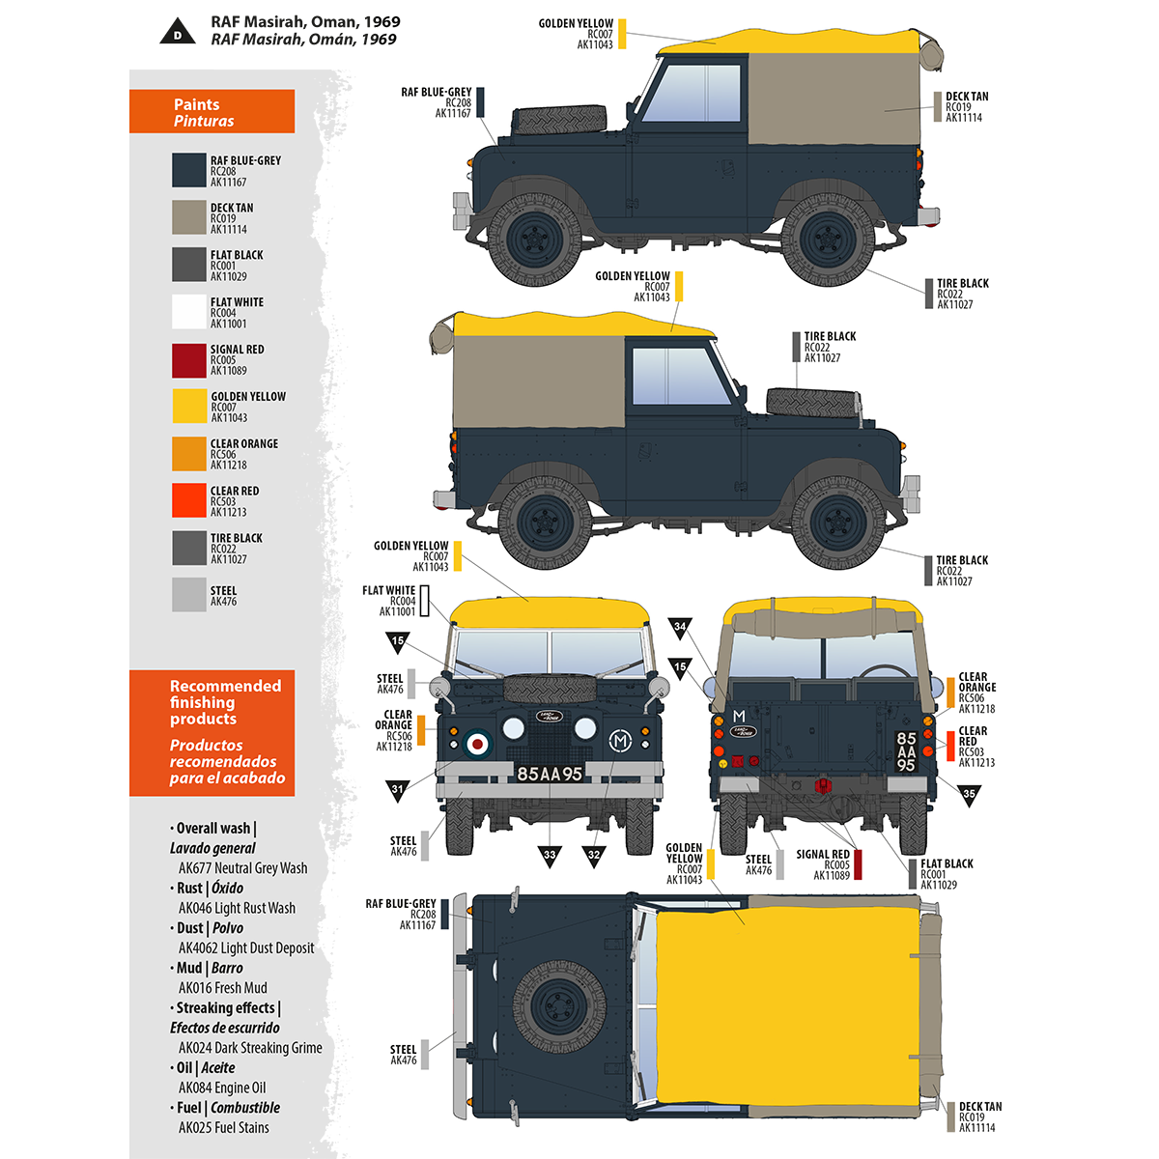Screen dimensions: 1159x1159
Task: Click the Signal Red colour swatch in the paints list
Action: pyautogui.click(x=189, y=360)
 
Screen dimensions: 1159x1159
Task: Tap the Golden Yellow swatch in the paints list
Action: pyautogui.click(x=189, y=407)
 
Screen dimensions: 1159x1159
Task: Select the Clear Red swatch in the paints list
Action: pyautogui.click(x=189, y=501)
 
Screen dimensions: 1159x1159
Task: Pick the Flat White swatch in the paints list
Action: pyautogui.click(x=189, y=313)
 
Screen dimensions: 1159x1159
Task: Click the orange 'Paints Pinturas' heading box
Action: pyautogui.click(x=212, y=112)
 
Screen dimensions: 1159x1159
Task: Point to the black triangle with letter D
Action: pyautogui.click(x=177, y=34)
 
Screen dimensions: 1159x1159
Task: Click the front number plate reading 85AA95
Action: pyautogui.click(x=550, y=774)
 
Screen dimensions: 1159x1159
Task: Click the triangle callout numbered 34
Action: pyautogui.click(x=680, y=628)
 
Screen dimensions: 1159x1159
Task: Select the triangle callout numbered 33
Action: pyautogui.click(x=550, y=855)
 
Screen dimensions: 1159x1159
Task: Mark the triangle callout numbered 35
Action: pyautogui.click(x=969, y=794)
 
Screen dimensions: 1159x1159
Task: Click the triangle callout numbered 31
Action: pyautogui.click(x=398, y=789)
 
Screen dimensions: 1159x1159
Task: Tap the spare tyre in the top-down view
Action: pyautogui.click(x=559, y=1005)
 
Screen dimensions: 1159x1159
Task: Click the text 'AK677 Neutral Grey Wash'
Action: pyautogui.click(x=242, y=868)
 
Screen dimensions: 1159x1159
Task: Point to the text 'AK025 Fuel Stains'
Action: pyautogui.click(x=223, y=1127)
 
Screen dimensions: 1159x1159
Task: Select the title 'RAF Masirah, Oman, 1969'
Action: pyautogui.click(x=305, y=21)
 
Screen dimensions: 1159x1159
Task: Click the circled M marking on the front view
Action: pyautogui.click(x=619, y=742)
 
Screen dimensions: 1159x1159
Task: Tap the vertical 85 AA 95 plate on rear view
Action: pyautogui.click(x=906, y=751)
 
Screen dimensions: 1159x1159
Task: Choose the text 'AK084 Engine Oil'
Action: pyautogui.click(x=221, y=1088)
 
